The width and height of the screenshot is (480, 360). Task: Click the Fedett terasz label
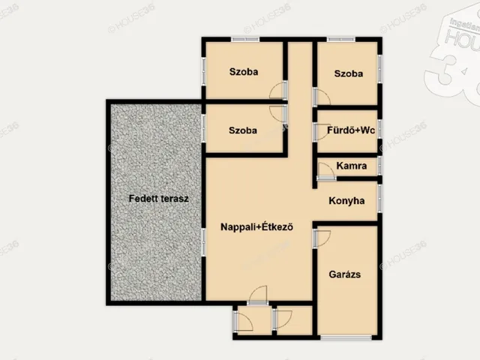tap(157, 199)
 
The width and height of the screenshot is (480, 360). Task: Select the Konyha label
tap(346, 201)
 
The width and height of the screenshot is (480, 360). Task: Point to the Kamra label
tap(351, 166)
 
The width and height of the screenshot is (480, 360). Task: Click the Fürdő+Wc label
tap(351, 130)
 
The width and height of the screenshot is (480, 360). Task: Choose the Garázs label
tap(345, 274)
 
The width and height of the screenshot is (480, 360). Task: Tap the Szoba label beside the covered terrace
tap(243, 130)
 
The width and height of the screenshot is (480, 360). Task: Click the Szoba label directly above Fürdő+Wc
tap(349, 73)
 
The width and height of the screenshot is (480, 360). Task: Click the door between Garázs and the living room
tap(321, 238)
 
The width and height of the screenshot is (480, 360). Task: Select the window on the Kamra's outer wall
tap(379, 165)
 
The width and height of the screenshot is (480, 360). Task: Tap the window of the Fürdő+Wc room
tap(379, 130)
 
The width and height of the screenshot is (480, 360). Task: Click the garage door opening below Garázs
tap(346, 337)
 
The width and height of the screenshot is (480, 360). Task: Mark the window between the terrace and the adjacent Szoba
tap(204, 129)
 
